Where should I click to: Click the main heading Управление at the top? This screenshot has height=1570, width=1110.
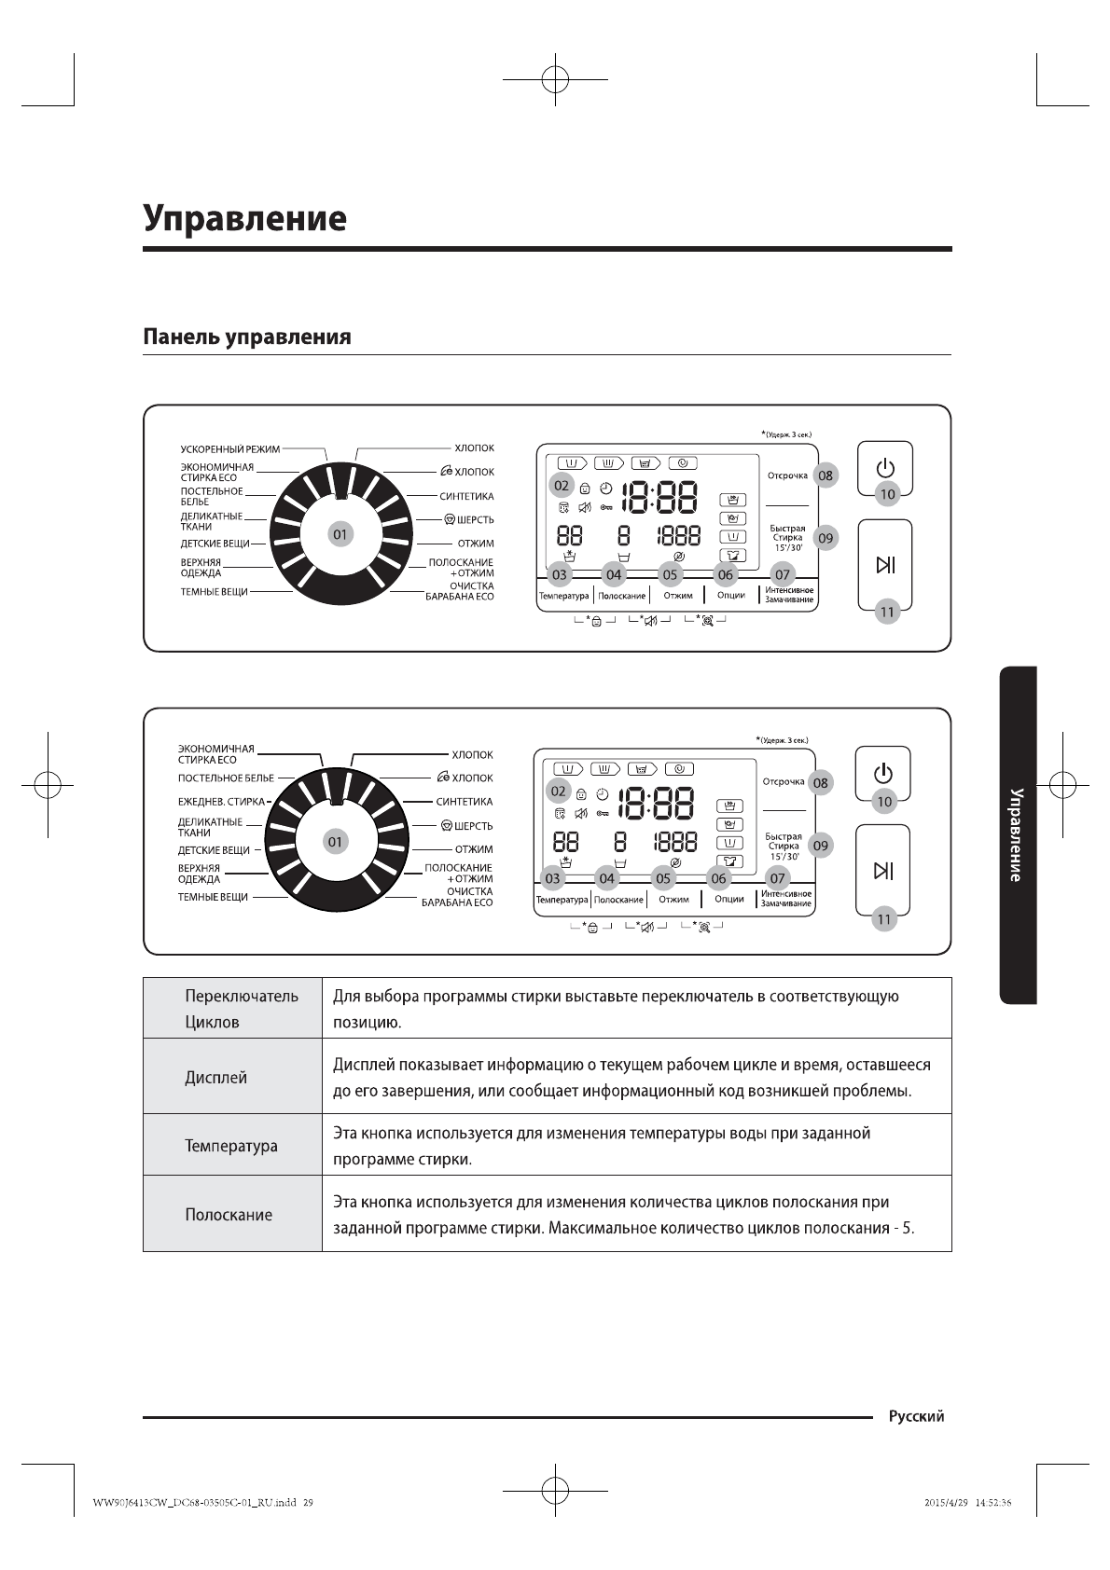coord(244,218)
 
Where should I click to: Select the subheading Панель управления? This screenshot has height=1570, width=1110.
coord(246,337)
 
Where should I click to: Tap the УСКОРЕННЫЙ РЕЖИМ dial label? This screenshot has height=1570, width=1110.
coord(229,449)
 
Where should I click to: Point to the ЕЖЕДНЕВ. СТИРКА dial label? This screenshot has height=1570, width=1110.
coord(221,802)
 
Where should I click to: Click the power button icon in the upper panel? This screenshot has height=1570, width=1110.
coord(885,468)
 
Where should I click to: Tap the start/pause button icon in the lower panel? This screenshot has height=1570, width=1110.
coord(882,871)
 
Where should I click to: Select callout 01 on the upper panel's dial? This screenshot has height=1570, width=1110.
coord(340,534)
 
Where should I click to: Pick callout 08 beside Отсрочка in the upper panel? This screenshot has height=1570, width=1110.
coord(826,475)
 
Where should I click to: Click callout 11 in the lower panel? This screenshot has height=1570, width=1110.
coord(883,919)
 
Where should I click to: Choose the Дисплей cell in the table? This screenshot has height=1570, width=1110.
coord(215,1078)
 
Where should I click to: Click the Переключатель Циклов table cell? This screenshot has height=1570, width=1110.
coord(241,1009)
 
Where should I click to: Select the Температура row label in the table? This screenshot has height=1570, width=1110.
coord(230,1146)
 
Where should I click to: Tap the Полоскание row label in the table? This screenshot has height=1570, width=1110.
coord(229,1215)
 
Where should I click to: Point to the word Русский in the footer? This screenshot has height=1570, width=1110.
coord(916,1416)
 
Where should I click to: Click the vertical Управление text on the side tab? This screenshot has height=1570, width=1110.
coord(1017,834)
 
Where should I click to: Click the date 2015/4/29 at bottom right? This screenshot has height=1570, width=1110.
coord(946,1503)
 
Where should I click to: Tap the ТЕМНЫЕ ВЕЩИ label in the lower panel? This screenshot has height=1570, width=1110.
coord(213,897)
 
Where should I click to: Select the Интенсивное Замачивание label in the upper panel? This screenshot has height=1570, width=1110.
coord(789,595)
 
